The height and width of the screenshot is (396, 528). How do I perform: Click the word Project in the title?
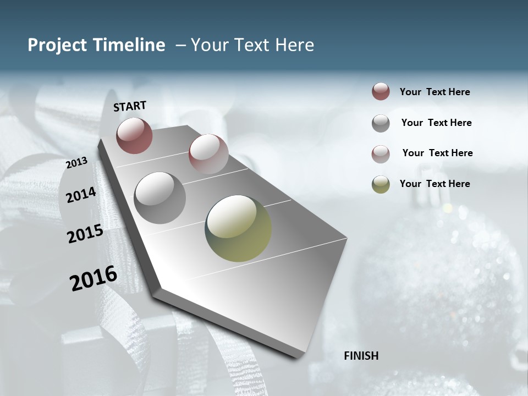click(57, 45)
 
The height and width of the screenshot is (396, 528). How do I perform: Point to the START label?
click(130, 106)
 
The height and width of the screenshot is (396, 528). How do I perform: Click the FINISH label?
click(361, 356)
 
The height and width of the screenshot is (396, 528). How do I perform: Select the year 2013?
click(76, 163)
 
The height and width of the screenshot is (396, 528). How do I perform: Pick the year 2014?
click(81, 195)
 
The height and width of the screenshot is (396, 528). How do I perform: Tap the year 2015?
click(85, 234)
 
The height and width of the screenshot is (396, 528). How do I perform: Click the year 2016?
click(94, 278)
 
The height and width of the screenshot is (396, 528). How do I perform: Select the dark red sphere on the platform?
click(134, 135)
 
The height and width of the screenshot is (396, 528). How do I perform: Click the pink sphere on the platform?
click(208, 154)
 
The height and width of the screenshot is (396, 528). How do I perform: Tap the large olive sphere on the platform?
click(238, 228)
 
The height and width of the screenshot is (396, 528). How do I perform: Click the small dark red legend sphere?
click(381, 92)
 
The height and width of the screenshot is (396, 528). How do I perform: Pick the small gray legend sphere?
click(381, 123)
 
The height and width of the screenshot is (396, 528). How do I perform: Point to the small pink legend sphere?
click(381, 154)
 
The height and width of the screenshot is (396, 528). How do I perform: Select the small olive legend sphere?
click(381, 184)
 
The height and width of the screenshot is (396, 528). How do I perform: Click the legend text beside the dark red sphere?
click(435, 92)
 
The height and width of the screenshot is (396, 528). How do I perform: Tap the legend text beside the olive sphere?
click(435, 184)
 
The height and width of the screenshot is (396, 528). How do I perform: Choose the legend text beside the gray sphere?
click(436, 123)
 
